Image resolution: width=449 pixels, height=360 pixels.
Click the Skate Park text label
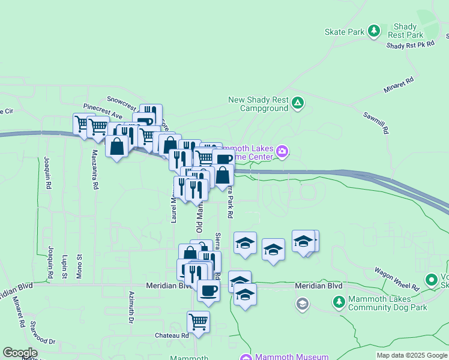345,32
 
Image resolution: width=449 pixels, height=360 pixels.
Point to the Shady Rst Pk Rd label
410,45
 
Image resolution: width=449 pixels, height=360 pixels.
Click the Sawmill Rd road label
376,122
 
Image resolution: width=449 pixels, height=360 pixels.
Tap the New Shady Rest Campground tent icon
297,104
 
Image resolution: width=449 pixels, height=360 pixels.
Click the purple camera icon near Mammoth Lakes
282,153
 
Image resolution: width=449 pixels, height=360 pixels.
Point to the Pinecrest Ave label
103,111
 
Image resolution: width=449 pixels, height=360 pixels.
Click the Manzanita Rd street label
95,170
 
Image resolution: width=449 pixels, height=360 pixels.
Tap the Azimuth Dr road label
131,307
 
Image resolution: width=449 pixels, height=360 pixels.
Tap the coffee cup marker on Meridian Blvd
208,290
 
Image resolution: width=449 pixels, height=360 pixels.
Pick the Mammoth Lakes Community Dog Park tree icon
339,301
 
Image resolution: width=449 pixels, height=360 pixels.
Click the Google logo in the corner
20,352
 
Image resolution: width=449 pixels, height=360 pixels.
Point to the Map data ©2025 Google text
411,355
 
